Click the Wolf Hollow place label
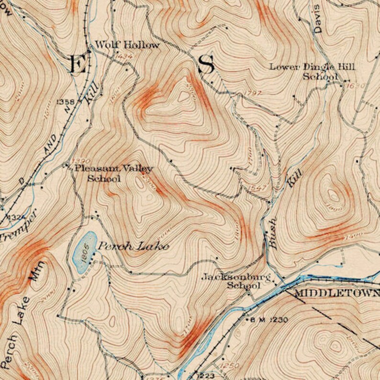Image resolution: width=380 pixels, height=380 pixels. click(127, 45)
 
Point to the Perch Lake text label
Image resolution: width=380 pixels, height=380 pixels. click(134, 246)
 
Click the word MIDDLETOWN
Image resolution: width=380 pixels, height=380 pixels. click(337, 293)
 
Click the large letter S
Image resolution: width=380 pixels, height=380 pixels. click(206, 65)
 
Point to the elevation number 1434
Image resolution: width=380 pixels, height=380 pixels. click(123, 57)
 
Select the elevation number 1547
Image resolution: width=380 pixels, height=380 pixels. click(257, 188)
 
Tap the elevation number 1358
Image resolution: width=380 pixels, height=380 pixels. click(66, 102)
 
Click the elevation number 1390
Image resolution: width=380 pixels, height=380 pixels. click(82, 160)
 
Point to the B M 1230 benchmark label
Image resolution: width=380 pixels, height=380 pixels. click(268, 320)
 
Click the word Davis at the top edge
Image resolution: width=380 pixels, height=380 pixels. click(317, 21)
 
